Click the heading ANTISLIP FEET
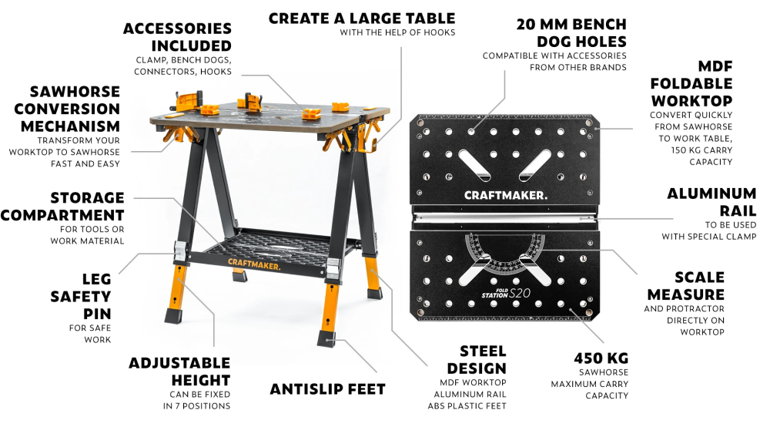tap(327, 389)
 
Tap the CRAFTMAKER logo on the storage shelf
tap(254, 264)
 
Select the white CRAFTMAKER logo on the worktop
tap(505, 196)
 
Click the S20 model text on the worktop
tap(520, 293)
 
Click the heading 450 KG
tap(601, 358)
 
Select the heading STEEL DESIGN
tap(477, 360)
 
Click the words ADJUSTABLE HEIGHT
tap(179, 372)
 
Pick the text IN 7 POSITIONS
tap(196, 406)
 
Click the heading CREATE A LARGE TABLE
tap(362, 19)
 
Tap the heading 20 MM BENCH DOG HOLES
tap(571, 33)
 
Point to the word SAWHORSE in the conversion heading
tap(75, 92)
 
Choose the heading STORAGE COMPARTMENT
tap(62, 207)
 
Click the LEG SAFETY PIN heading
tap(81, 296)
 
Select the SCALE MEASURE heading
tap(685, 286)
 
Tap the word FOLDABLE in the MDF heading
tap(691, 83)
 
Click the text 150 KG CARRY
tap(701, 150)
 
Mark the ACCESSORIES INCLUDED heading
tap(177, 37)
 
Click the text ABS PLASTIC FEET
tap(467, 406)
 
